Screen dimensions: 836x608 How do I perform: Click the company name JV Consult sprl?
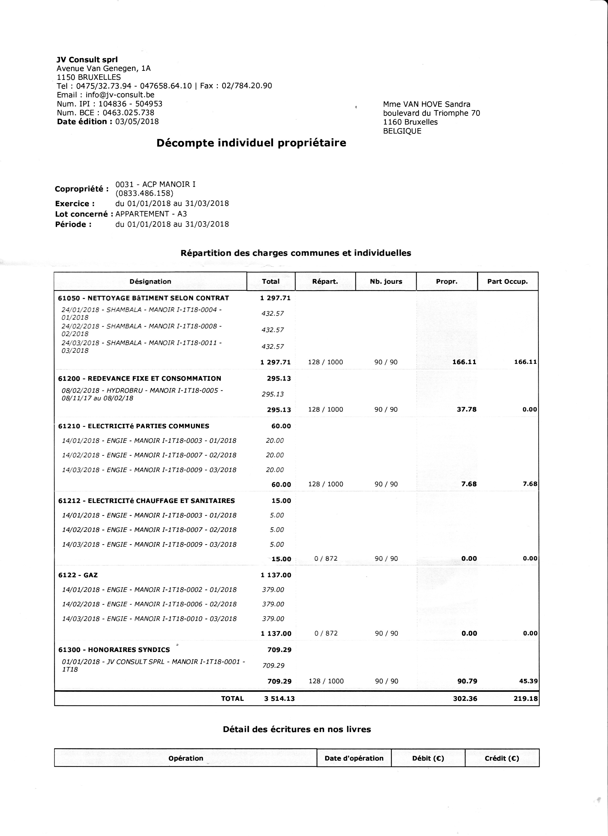[x=87, y=60]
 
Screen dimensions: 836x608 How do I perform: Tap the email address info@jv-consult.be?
[x=120, y=95]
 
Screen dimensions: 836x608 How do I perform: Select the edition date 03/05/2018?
[x=137, y=122]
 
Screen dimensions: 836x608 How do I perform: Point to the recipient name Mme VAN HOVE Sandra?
[x=427, y=104]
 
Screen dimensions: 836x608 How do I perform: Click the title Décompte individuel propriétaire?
[x=251, y=143]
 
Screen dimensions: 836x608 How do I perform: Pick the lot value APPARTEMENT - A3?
[x=151, y=214]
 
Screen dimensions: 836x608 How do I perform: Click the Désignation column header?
[x=150, y=282]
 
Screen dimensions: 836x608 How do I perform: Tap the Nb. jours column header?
[x=386, y=282]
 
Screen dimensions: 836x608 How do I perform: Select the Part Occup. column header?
[x=507, y=282]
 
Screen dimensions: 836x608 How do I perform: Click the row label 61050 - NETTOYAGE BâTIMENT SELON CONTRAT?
[x=144, y=298]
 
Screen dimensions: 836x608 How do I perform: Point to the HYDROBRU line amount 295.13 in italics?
[x=273, y=394]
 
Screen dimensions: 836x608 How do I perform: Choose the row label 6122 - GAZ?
[x=78, y=575]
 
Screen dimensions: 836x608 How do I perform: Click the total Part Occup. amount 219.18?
[x=526, y=698]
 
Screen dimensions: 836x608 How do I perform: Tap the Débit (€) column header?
[x=428, y=758]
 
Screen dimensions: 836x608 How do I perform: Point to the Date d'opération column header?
[x=354, y=758]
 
